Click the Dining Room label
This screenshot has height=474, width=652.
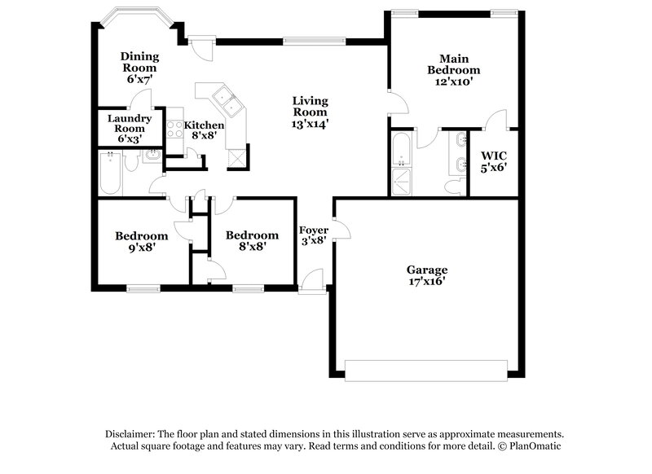(139, 57)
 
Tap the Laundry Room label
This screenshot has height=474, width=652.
(129, 123)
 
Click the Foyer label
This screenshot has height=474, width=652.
(314, 230)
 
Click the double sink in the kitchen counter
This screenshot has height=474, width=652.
(223, 102)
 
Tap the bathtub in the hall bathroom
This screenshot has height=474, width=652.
(110, 173)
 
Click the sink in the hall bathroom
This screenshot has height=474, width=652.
(152, 156)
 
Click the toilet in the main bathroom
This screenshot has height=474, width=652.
(454, 187)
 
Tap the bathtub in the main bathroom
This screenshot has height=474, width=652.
(403, 151)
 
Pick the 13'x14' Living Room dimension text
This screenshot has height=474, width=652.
(311, 125)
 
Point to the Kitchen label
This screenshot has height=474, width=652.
(204, 125)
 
